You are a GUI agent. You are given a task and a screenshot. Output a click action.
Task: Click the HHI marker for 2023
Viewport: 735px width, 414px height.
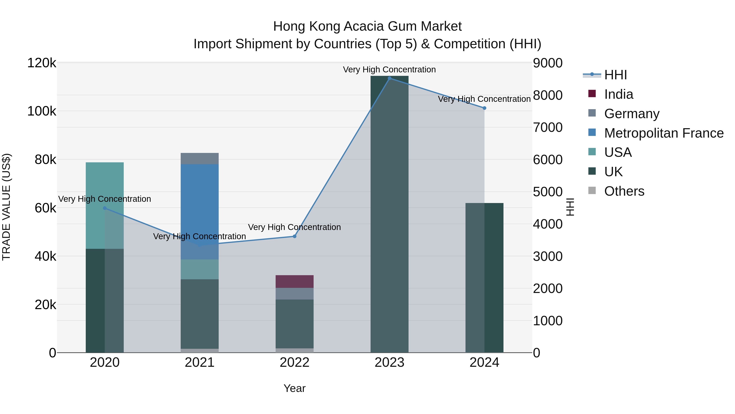390,78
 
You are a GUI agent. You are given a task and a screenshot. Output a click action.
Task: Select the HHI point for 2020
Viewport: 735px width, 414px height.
105,208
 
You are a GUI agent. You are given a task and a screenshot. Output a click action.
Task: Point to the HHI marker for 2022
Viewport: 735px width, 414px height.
294,236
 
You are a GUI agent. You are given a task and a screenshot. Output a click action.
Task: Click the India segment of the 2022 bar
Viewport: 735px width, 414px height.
294,282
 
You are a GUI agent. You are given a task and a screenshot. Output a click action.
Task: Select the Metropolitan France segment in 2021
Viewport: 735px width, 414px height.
199,200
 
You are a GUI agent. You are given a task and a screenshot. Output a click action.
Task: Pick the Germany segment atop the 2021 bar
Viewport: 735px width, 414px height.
199,159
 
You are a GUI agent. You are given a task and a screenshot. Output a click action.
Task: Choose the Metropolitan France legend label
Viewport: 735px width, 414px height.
664,133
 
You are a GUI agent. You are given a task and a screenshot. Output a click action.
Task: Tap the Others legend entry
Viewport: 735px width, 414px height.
624,191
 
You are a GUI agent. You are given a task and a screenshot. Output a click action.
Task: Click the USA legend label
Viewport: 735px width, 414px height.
618,152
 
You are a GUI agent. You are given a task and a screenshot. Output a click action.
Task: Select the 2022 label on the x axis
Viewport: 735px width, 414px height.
294,362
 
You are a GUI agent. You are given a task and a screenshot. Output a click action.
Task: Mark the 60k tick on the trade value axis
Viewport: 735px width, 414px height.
45,208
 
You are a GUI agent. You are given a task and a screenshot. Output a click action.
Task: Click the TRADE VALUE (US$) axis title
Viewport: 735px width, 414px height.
7,207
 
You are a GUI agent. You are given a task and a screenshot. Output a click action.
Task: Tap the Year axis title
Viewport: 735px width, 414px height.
294,388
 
